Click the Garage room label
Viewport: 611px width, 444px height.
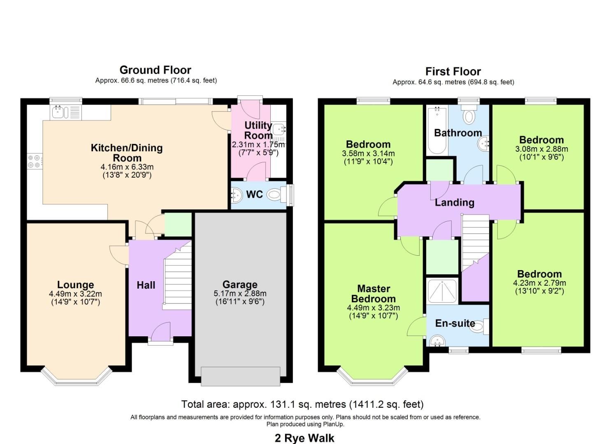point(240,284)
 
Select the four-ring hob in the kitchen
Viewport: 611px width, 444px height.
point(34,161)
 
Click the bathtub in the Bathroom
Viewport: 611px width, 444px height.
point(437,130)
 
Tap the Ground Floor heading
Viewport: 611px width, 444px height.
point(155,70)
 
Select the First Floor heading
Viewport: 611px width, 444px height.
point(453,72)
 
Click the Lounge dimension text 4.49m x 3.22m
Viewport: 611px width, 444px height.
point(75,294)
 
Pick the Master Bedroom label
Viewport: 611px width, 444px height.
point(374,294)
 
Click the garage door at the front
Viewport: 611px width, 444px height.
point(240,376)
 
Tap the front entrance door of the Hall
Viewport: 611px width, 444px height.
point(160,332)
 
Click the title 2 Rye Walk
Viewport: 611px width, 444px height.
point(304,438)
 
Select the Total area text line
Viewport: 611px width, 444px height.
point(302,405)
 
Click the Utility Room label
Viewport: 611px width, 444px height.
point(258,130)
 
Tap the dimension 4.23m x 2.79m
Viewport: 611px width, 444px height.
point(539,283)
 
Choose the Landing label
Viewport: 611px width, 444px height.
point(454,202)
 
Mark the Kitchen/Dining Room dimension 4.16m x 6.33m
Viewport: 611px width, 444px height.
point(127,167)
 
